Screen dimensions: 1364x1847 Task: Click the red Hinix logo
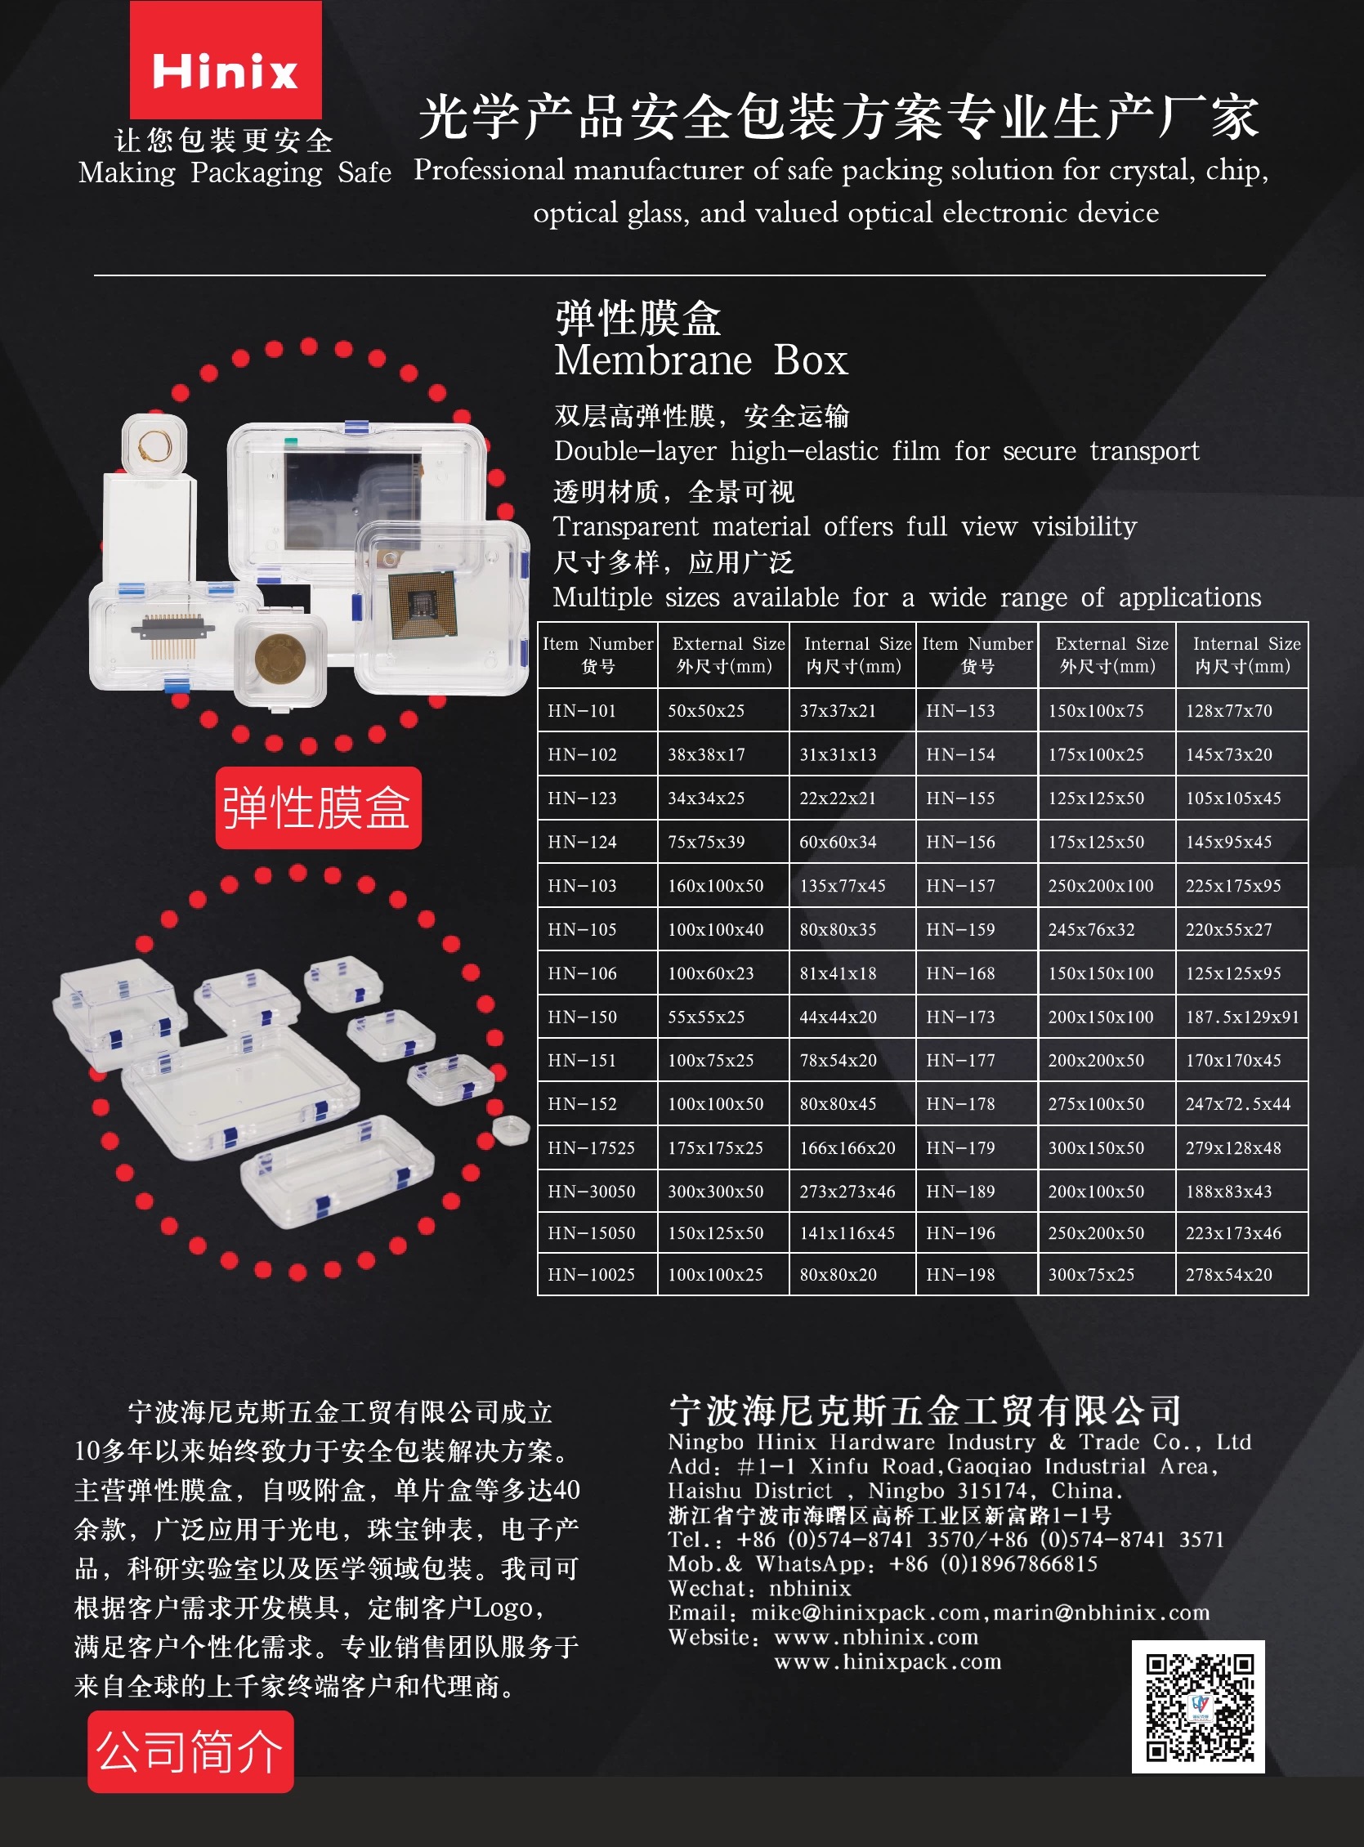click(x=226, y=60)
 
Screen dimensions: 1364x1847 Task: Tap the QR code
click(x=1198, y=1706)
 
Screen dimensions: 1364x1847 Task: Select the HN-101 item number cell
click(x=597, y=710)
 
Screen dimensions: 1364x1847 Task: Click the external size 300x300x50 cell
click(x=723, y=1191)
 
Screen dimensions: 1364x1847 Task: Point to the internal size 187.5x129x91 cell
click(x=1241, y=1017)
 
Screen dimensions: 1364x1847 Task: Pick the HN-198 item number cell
click(x=977, y=1274)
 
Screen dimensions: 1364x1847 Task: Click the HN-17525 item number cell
click(x=597, y=1147)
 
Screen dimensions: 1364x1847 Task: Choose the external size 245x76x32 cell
click(x=1107, y=929)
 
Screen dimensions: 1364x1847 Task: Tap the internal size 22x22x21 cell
click(x=853, y=798)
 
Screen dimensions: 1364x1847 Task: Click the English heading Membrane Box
click(x=701, y=360)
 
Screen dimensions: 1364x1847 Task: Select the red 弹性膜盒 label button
click(x=318, y=807)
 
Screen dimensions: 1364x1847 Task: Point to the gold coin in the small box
click(x=280, y=658)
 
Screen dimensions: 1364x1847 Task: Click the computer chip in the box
click(x=422, y=606)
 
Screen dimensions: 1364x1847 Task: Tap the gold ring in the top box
click(x=154, y=447)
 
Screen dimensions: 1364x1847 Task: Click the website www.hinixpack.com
click(x=888, y=1661)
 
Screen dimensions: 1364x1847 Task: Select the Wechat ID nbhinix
click(x=810, y=1588)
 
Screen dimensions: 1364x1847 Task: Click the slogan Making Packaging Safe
click(x=235, y=172)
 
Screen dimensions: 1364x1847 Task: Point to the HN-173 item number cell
click(x=977, y=1017)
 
